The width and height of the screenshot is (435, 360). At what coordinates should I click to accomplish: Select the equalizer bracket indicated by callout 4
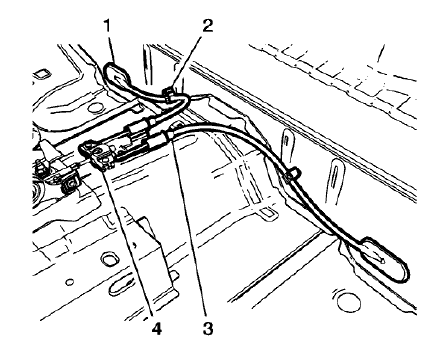(x=101, y=152)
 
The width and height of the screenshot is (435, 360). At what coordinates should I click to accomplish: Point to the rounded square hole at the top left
(x=43, y=73)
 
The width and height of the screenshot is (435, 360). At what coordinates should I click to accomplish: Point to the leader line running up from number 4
(x=125, y=240)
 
